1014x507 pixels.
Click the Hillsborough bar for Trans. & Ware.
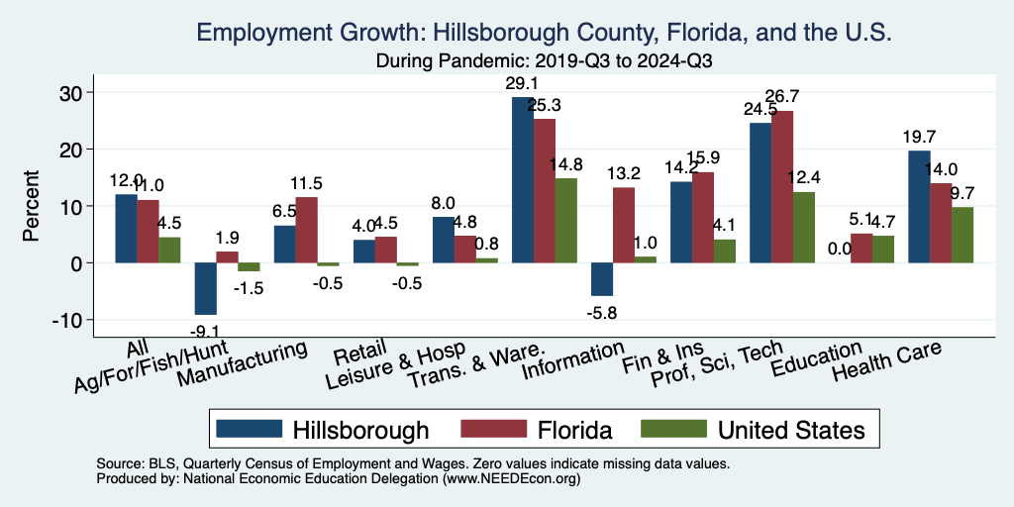[522, 179]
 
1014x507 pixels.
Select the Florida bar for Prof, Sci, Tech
[782, 186]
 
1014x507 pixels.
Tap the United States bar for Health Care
[963, 235]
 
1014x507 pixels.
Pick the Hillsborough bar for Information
[602, 279]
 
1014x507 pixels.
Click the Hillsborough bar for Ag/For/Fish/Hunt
[205, 288]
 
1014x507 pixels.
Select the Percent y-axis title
[32, 206]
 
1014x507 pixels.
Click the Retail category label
[354, 354]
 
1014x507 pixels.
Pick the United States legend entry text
[791, 430]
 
